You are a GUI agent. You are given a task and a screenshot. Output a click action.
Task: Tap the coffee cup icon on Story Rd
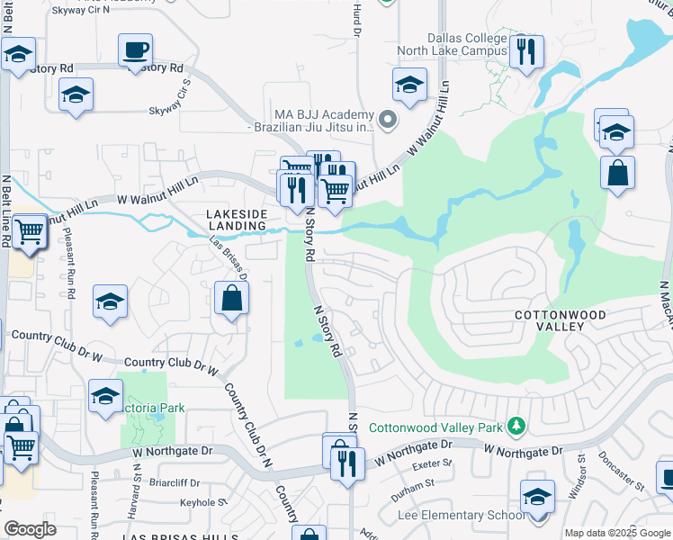tap(135, 49)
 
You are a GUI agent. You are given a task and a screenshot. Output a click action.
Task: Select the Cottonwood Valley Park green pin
tap(516, 425)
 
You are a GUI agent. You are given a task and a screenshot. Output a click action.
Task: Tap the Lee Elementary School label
tap(461, 515)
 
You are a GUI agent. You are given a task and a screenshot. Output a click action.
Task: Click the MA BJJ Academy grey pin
tap(388, 119)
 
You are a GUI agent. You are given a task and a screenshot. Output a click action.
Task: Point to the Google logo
tap(30, 528)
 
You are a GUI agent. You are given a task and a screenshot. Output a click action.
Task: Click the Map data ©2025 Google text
tap(617, 533)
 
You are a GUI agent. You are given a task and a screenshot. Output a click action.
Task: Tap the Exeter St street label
tap(430, 465)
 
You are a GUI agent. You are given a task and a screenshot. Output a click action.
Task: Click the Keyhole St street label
tap(199, 503)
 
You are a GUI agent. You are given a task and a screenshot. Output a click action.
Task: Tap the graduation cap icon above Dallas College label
tap(409, 85)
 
